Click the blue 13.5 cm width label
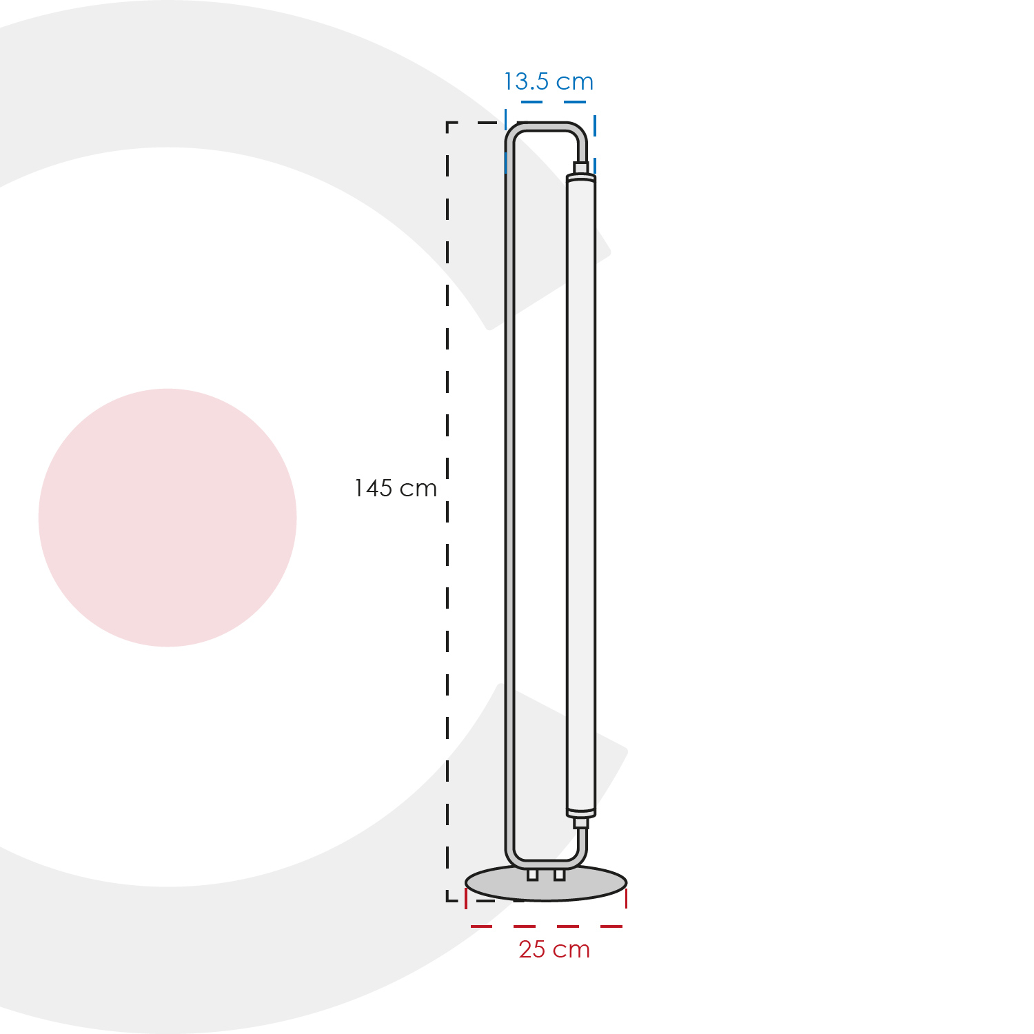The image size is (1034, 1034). pyautogui.click(x=549, y=82)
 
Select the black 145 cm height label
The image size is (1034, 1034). pyautogui.click(x=395, y=488)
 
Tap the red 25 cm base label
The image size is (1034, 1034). pyautogui.click(x=554, y=949)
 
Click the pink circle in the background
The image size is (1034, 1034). pyautogui.click(x=168, y=518)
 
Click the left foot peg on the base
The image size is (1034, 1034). pyautogui.click(x=532, y=874)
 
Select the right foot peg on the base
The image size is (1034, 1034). pyautogui.click(x=559, y=874)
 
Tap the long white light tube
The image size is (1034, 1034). pyautogui.click(x=581, y=495)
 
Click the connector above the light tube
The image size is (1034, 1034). pyautogui.click(x=581, y=168)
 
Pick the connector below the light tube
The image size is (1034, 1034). pyautogui.click(x=581, y=822)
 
